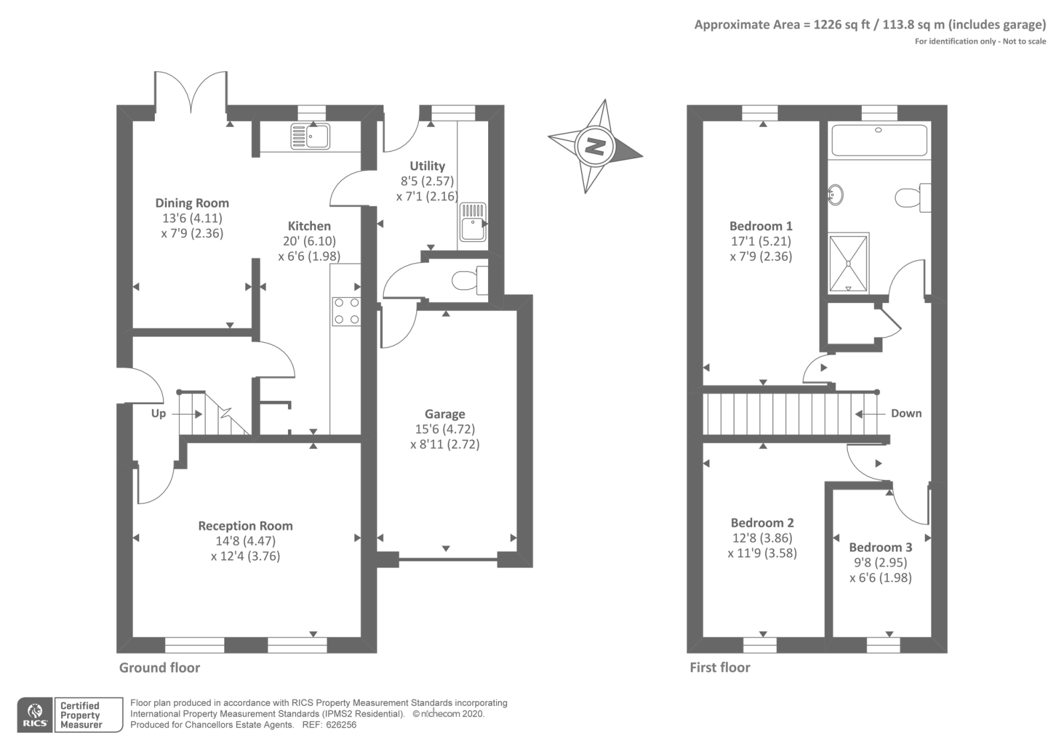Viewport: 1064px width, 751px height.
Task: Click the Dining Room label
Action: click(192, 203)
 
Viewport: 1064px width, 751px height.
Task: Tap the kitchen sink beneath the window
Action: click(310, 136)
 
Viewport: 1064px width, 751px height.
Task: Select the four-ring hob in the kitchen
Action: click(346, 311)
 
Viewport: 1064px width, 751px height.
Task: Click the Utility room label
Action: click(428, 166)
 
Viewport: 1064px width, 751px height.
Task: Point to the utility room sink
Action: click(473, 222)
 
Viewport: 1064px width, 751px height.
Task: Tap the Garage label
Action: click(445, 414)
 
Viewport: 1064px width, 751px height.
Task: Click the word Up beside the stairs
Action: click(159, 413)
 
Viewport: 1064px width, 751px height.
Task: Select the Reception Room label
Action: click(245, 526)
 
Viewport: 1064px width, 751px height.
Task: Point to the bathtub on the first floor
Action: click(878, 140)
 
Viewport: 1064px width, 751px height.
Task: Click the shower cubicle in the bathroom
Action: click(849, 263)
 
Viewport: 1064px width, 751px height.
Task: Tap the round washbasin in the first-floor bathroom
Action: click(835, 194)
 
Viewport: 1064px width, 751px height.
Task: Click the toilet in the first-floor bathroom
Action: click(912, 197)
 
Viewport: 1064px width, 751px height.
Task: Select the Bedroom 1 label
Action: click(761, 226)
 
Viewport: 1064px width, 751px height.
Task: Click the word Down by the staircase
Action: click(906, 413)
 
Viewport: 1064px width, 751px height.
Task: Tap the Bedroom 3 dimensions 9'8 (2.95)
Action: click(880, 562)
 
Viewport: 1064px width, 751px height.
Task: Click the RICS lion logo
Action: click(35, 715)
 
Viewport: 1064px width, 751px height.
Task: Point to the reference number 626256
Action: click(341, 725)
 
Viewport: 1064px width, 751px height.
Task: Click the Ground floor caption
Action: click(160, 668)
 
